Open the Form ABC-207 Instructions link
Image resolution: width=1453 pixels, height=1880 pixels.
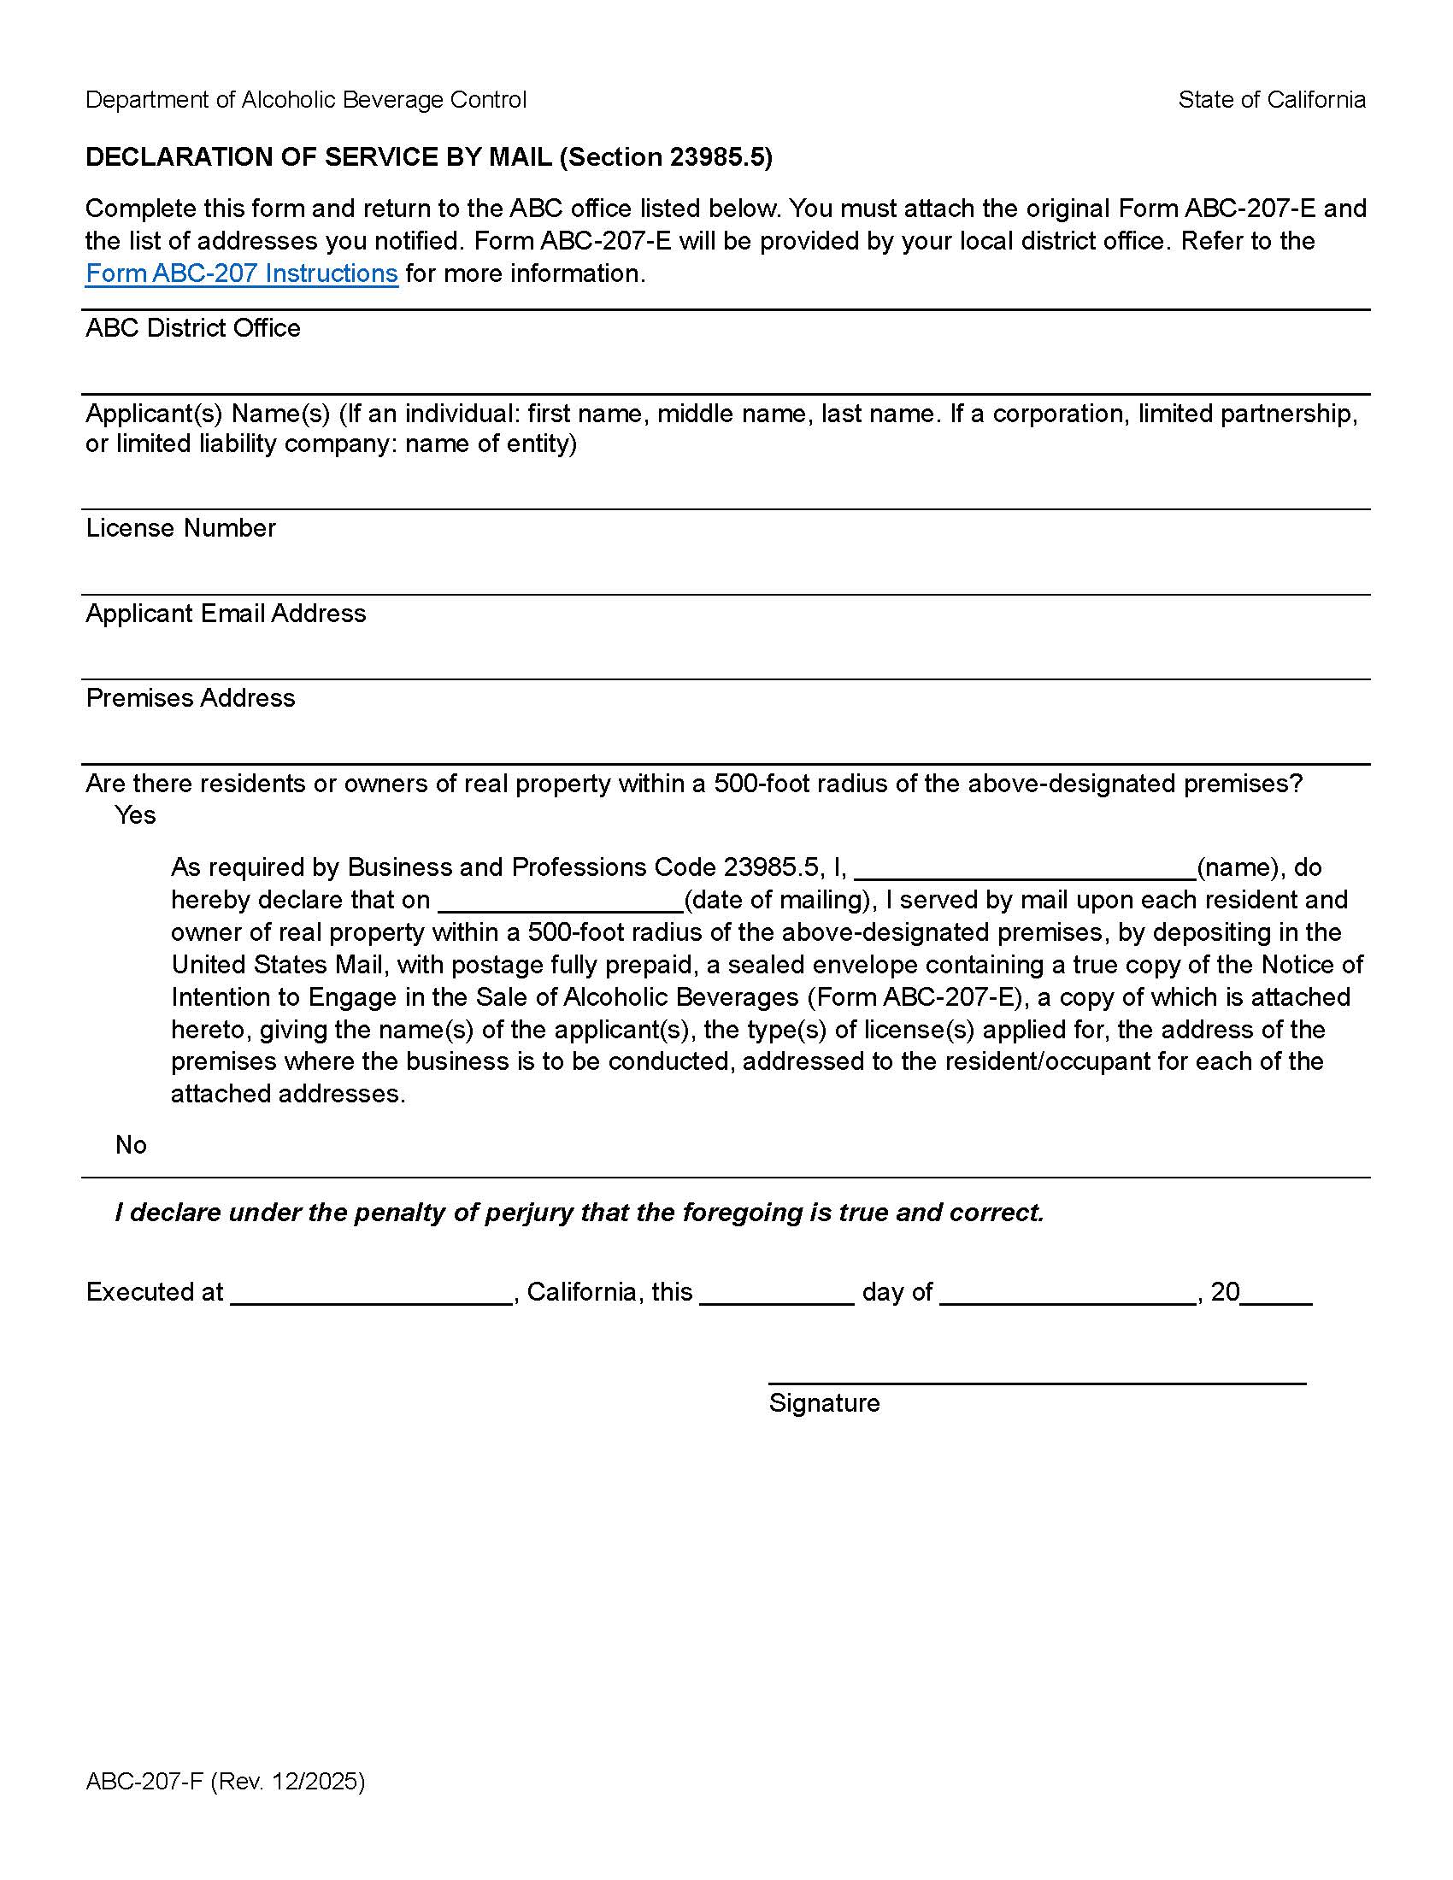click(241, 273)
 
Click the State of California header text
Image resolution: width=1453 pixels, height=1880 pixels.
click(1272, 100)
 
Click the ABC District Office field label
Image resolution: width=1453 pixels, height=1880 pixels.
click(193, 328)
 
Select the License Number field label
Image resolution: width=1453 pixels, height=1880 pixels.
click(180, 527)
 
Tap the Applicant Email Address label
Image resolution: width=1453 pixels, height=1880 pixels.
click(226, 613)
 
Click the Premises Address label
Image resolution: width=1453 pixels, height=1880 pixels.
click(191, 697)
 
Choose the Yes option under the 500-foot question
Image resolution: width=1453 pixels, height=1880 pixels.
click(135, 814)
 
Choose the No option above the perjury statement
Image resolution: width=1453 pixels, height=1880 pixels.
click(131, 1144)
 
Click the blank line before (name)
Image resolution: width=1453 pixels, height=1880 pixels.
click(1024, 869)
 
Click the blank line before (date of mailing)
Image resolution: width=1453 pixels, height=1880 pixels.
click(561, 902)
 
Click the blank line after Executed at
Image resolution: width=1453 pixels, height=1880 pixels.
click(372, 1295)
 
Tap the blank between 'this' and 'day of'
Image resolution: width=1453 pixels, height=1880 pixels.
click(776, 1295)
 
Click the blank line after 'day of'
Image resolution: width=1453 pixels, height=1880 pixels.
click(1068, 1295)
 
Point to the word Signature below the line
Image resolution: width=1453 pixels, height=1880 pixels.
click(824, 1402)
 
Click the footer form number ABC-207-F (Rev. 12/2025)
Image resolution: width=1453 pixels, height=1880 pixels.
click(226, 1780)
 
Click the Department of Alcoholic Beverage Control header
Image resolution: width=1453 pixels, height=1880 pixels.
click(306, 100)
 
